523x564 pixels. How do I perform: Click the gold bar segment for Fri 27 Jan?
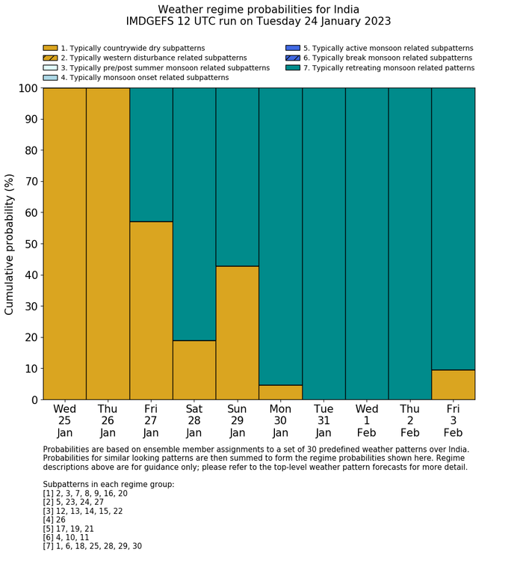(151, 310)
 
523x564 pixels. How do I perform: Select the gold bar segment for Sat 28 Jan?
(194, 370)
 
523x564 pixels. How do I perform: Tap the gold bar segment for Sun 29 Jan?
(238, 333)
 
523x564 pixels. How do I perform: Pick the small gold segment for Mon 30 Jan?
(280, 393)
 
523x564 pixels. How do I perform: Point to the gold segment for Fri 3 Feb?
(453, 384)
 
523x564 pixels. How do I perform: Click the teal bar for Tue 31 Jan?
(324, 244)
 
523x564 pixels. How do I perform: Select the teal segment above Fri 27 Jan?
(151, 155)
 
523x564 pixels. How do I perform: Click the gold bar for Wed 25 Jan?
(64, 244)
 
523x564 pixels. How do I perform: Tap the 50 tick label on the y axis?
(28, 244)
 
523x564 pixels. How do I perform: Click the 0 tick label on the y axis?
(34, 400)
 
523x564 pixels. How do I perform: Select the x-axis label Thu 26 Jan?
(108, 421)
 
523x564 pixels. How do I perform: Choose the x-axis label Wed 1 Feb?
(367, 421)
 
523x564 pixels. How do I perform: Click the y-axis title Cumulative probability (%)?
(10, 244)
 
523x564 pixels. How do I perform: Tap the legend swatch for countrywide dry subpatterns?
(50, 48)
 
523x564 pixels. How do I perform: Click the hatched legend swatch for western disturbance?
(50, 58)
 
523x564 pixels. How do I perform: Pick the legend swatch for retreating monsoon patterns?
(292, 67)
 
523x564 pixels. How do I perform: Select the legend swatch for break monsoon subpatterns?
(292, 58)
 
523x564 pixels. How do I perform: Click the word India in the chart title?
(341, 10)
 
